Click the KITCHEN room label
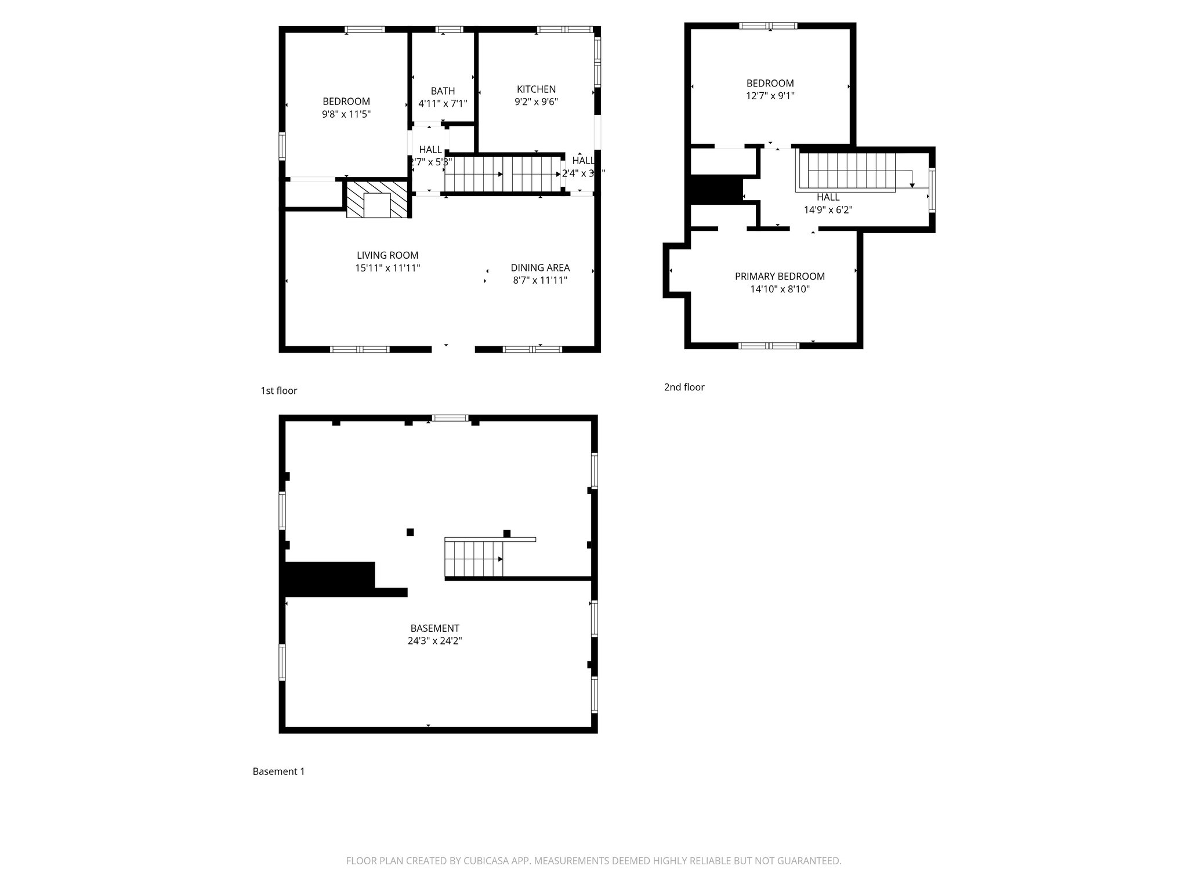coord(536,89)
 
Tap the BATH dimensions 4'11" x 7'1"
coord(443,104)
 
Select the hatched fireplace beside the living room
coord(377,199)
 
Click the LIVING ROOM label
coord(387,255)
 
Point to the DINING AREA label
coord(539,267)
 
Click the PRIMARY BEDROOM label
coord(779,276)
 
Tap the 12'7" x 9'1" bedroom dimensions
coord(770,96)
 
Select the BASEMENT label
coord(434,628)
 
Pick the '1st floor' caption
coord(278,391)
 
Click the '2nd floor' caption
coord(684,387)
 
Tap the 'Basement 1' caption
coord(278,772)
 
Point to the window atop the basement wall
coord(450,418)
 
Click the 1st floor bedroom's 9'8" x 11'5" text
coord(346,114)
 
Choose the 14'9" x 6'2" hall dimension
coord(828,210)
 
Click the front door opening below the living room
coord(453,349)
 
